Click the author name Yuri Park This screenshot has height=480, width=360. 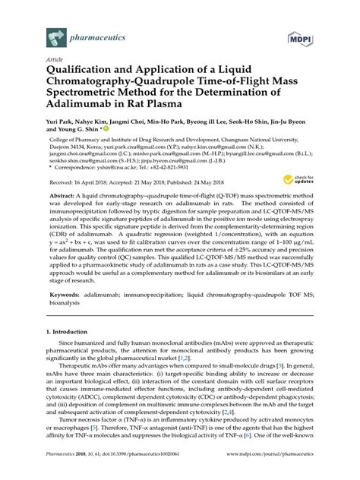click(62, 120)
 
